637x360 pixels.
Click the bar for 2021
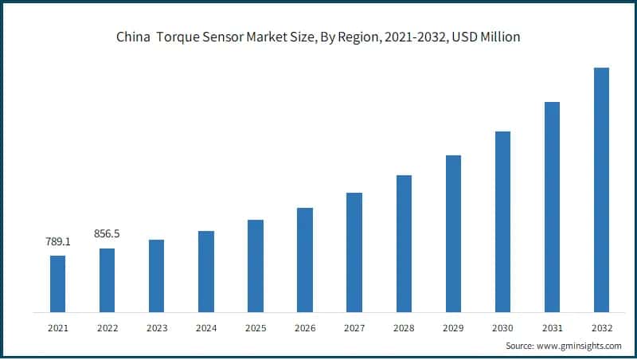[57, 284]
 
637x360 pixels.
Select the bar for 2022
[107, 280]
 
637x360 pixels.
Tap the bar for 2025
[255, 266]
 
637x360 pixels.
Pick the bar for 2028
[404, 244]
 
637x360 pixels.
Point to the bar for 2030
[502, 221]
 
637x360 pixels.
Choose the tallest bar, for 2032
[601, 190]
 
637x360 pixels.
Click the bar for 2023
[156, 276]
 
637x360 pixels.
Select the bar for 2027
[354, 252]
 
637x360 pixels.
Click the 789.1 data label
[57, 241]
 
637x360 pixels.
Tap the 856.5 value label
[107, 234]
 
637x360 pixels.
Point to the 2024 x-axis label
[205, 327]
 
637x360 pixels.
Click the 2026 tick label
[304, 327]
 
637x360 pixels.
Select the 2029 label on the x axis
[453, 327]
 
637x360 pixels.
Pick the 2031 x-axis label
[552, 327]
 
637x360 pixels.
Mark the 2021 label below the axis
[57, 327]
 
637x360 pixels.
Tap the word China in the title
[131, 37]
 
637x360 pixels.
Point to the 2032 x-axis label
[601, 327]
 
